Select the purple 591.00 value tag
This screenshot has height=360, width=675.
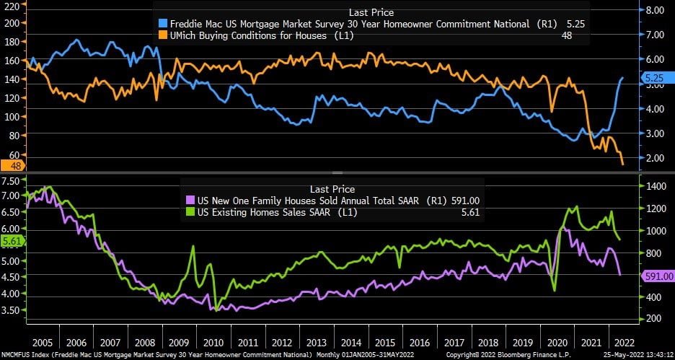pyautogui.click(x=656, y=276)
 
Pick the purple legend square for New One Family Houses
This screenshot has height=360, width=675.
pyautogui.click(x=190, y=201)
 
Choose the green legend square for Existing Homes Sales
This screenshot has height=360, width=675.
pyautogui.click(x=190, y=212)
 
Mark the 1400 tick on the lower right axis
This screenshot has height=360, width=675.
pyautogui.click(x=653, y=187)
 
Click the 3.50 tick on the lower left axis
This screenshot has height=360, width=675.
pyautogui.click(x=13, y=310)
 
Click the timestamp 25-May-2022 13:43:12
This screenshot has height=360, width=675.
pyautogui.click(x=634, y=355)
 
